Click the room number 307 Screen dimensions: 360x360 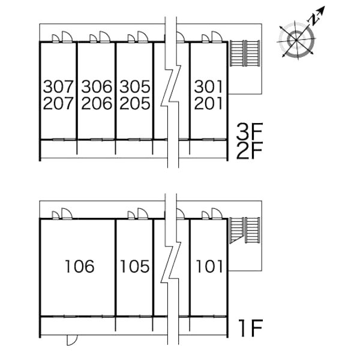pos(58,86)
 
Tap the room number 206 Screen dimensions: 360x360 pos(97,103)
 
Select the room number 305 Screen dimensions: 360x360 pos(135,86)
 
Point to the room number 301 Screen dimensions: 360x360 pos(208,86)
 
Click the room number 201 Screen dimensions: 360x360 pos(208,103)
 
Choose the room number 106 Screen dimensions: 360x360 pos(80,266)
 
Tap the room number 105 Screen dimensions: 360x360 pos(135,266)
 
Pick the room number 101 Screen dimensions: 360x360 pos(209,266)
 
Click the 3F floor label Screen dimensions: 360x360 pos(250,131)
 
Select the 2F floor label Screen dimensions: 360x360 pos(250,151)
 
